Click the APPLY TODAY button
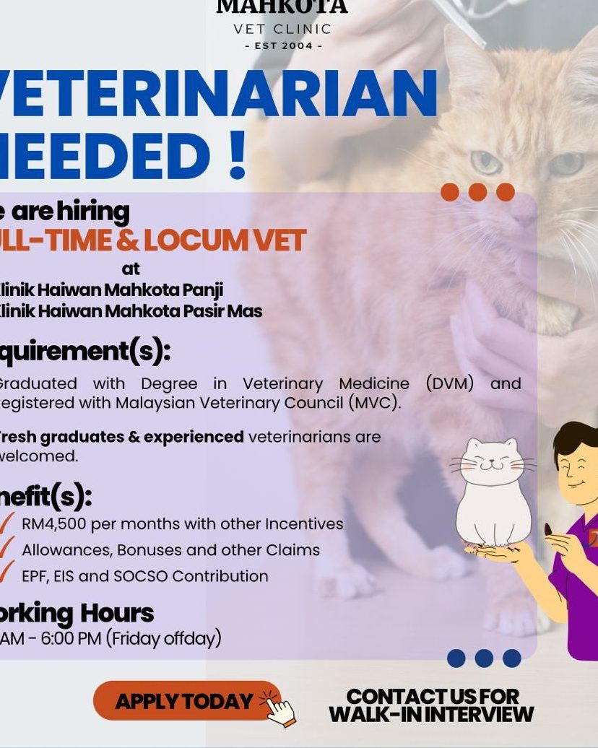[184, 700]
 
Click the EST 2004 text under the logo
[283, 46]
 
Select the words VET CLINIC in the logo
[283, 30]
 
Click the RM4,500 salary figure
[52, 523]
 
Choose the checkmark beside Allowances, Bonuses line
[6, 548]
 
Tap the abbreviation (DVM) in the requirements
[449, 383]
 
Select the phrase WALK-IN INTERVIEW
[431, 715]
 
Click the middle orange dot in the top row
[477, 192]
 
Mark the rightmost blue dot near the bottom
[512, 658]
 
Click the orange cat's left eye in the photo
[485, 162]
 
